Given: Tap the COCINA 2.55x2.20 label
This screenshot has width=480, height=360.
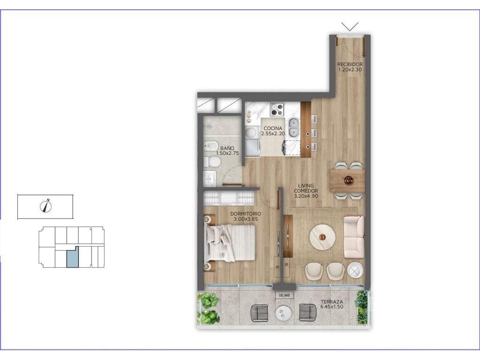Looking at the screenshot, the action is pos(273,131).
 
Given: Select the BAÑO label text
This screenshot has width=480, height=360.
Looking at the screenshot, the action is pos(227,148).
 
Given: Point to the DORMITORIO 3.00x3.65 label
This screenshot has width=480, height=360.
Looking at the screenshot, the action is pos(246,216).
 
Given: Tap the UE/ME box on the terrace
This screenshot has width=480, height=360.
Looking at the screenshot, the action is pos(285,295).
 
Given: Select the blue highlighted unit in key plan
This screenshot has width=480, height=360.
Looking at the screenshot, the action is pos(73,257).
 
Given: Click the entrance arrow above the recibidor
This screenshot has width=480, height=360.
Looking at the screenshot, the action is pos(350,27).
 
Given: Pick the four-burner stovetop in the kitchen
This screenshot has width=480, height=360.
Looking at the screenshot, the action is pos(277,110).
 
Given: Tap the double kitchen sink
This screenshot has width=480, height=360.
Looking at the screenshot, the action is pos(294,127).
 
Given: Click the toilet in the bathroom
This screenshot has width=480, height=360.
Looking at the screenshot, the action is pos(212,162).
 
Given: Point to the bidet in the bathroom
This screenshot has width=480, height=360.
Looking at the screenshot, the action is pos(211,147).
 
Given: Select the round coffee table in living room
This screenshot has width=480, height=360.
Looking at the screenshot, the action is pos(322,237).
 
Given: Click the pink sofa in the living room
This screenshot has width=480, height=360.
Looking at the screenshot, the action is pos(354,237).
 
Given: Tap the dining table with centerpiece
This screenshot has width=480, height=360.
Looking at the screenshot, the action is pos(347,180).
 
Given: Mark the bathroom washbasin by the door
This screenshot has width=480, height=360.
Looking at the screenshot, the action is pos(210,178).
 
